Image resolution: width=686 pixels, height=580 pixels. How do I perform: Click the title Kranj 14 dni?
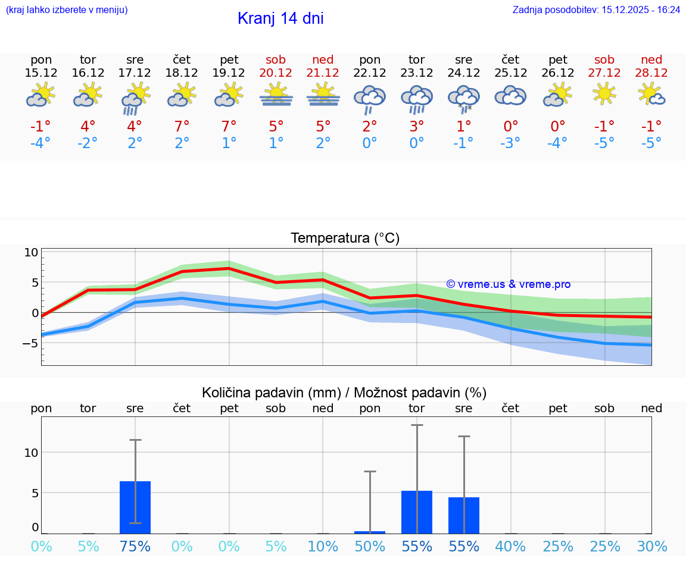point(280,18)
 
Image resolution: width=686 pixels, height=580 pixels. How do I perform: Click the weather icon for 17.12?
point(135,98)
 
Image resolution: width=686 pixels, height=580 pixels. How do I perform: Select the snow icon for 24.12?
point(464,99)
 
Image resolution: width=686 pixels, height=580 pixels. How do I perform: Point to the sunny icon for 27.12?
point(604,94)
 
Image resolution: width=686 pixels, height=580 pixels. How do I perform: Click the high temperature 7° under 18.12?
point(182,126)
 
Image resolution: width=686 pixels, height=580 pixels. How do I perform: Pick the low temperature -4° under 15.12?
point(41,143)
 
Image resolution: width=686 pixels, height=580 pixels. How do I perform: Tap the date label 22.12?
point(370,73)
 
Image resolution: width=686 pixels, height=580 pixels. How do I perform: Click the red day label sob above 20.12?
point(276,59)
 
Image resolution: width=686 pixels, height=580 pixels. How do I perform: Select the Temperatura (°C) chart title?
point(345,239)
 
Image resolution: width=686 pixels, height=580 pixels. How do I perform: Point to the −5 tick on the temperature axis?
point(29,343)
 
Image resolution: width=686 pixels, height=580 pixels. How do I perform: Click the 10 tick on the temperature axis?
point(32,252)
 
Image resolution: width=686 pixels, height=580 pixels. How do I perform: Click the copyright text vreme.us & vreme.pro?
point(509,284)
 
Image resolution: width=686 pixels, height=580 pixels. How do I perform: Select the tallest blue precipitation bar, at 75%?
point(135,507)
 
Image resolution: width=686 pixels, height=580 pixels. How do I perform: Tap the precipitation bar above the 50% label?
point(370,532)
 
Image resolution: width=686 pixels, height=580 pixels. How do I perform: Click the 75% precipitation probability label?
point(135,547)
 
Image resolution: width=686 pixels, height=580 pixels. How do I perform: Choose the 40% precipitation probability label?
point(510,547)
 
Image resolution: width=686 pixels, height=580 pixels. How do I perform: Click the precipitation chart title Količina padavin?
point(344,393)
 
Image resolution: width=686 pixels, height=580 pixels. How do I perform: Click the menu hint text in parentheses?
point(67,10)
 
